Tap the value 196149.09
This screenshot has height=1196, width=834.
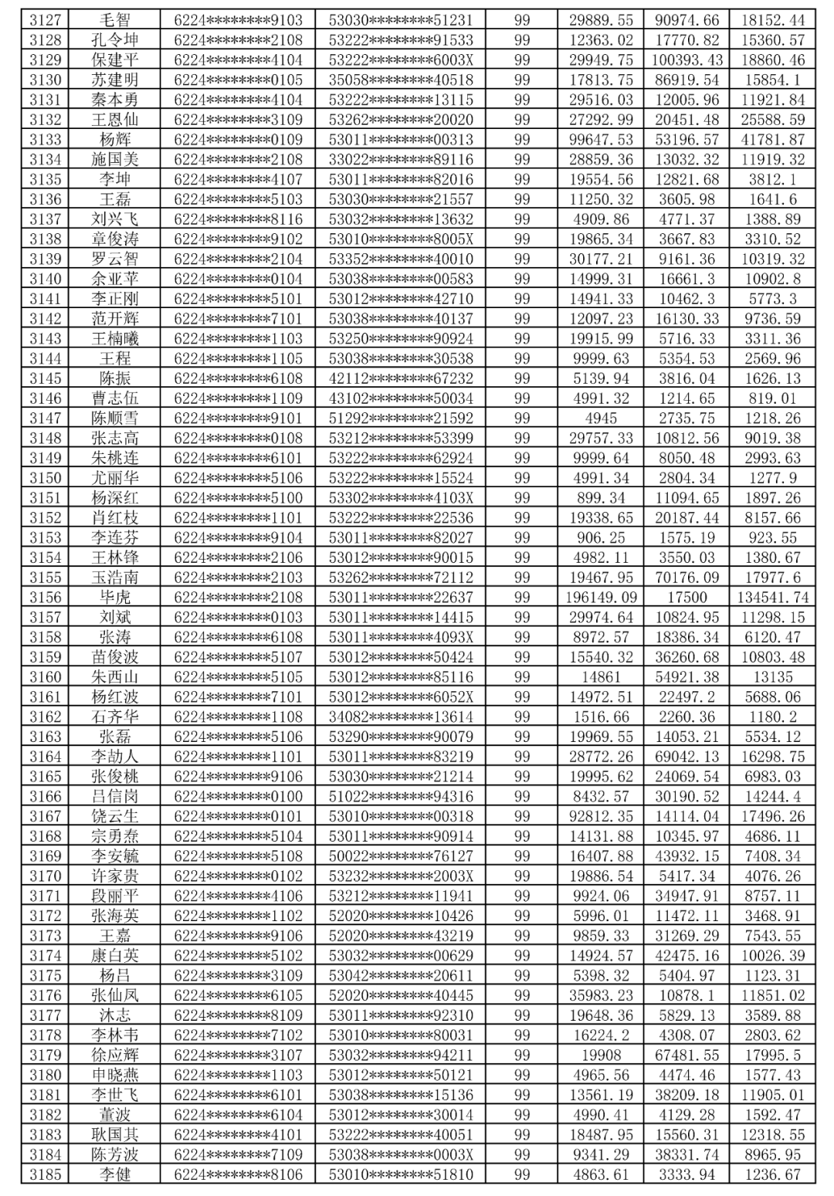click(601, 597)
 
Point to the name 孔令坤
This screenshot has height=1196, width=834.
click(115, 40)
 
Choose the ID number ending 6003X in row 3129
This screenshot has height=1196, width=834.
click(401, 60)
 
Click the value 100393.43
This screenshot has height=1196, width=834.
click(688, 60)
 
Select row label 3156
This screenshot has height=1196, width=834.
click(45, 597)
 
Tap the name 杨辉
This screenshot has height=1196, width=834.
click(115, 140)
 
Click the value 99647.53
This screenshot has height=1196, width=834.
click(601, 140)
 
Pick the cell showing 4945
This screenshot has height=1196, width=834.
click(601, 418)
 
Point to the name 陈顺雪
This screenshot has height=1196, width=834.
click(115, 418)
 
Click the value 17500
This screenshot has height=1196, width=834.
click(688, 597)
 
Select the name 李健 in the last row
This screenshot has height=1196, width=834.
click(115, 1174)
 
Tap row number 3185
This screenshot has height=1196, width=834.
click(45, 1174)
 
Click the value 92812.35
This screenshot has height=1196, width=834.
click(601, 816)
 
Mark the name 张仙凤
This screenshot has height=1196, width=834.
click(115, 995)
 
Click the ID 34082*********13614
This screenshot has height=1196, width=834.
click(401, 717)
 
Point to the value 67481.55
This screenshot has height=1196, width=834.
click(688, 1055)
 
